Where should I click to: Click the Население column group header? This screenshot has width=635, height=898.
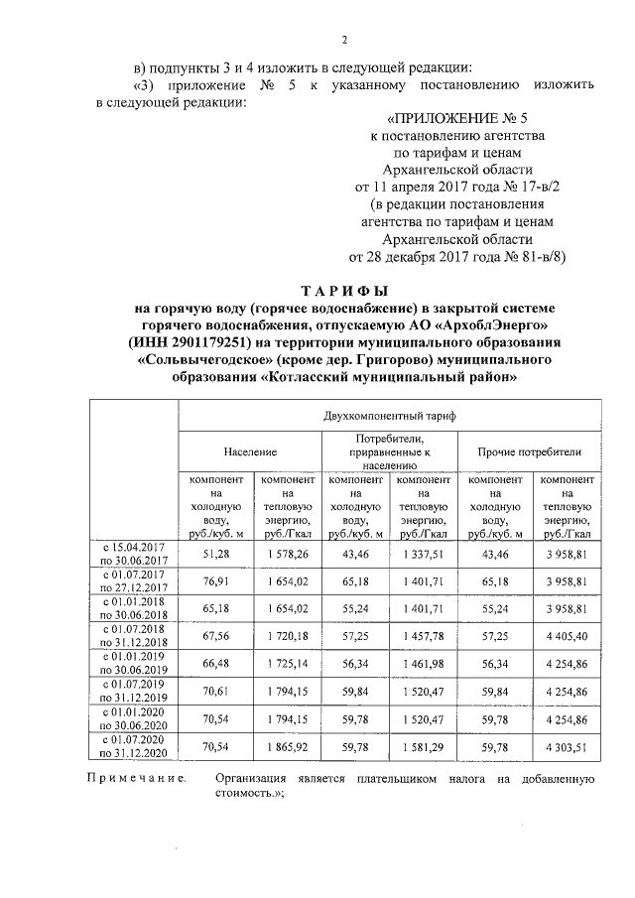[x=250, y=450]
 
